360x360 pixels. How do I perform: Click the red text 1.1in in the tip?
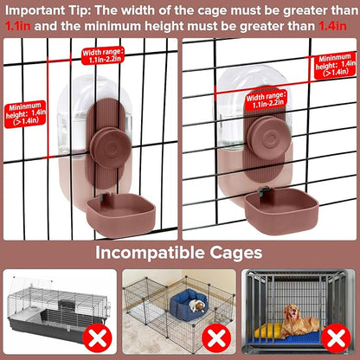18,26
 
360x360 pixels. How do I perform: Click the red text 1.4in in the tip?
332,26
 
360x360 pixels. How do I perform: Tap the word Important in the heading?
35,11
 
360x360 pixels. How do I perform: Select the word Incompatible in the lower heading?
150,253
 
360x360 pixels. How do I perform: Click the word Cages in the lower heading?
236,254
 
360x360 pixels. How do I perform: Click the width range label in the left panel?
103,55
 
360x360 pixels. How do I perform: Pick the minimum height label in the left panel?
25,114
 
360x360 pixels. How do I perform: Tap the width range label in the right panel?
266,100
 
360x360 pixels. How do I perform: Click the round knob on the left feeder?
111,148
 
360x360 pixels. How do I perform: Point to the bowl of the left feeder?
121,215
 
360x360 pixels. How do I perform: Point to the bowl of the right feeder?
281,211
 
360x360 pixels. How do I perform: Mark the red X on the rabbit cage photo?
97,337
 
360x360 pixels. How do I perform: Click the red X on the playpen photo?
216,337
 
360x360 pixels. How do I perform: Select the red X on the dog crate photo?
336,337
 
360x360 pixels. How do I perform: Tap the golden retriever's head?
292,312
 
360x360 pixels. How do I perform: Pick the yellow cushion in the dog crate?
268,331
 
